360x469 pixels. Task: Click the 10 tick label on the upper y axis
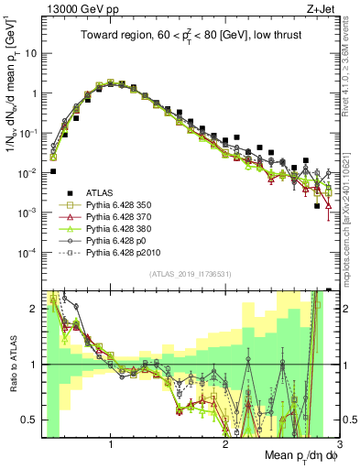point(31,53)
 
